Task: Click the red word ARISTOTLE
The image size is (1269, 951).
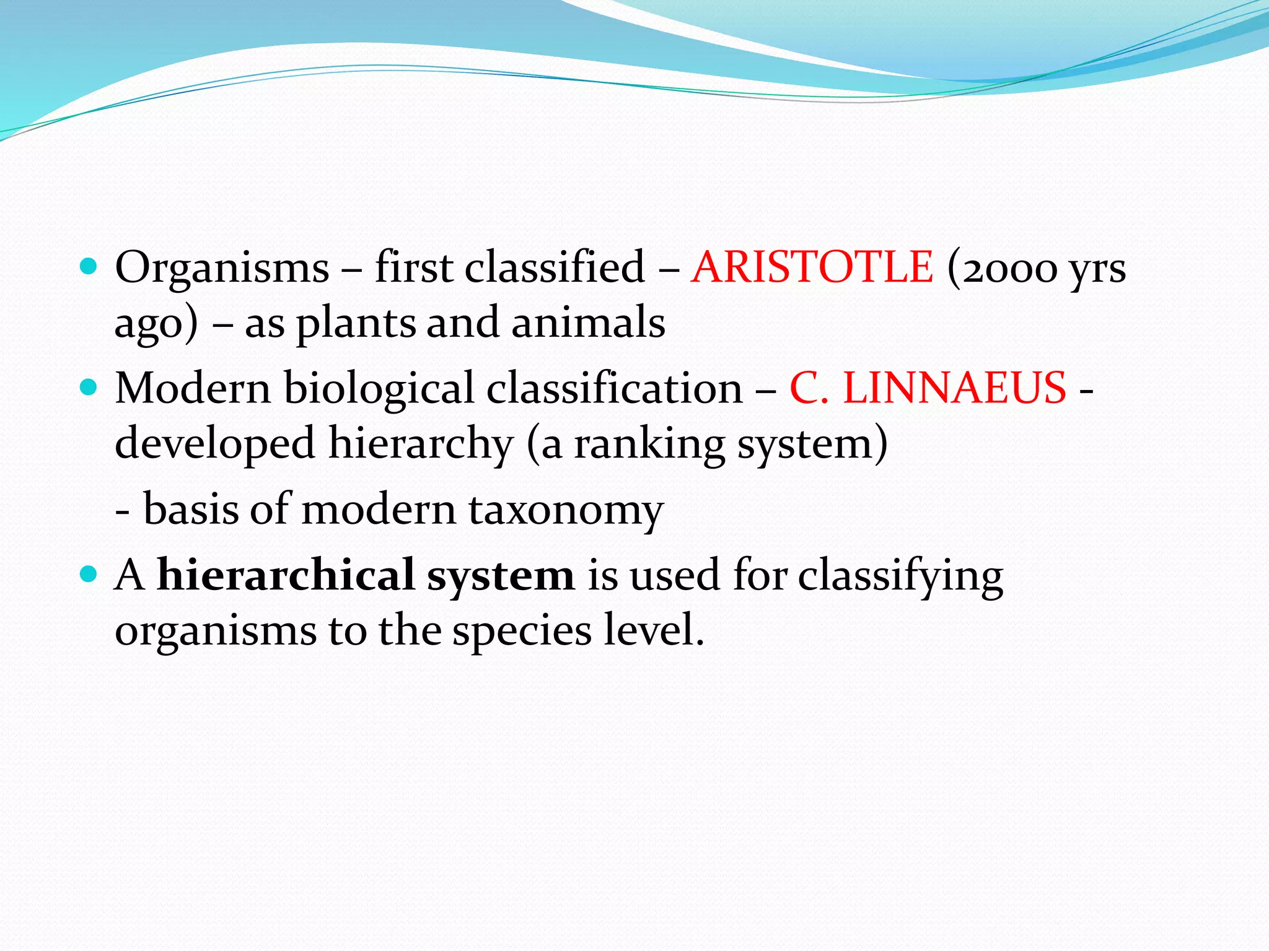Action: pyautogui.click(x=812, y=267)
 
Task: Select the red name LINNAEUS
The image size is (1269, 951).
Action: pyautogui.click(x=954, y=388)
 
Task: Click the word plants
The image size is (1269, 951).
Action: pyautogui.click(x=356, y=324)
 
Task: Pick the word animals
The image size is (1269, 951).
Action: pyautogui.click(x=588, y=323)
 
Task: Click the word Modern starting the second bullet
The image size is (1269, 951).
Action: pyautogui.click(x=193, y=388)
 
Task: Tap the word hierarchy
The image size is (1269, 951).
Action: pyautogui.click(x=421, y=444)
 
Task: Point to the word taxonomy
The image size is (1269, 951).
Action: pyautogui.click(x=566, y=510)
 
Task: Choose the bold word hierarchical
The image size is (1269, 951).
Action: pyautogui.click(x=286, y=575)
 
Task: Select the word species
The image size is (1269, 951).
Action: pyautogui.click(x=522, y=632)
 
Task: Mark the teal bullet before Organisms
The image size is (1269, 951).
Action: pyautogui.click(x=89, y=267)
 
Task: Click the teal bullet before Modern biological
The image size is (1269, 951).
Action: pyautogui.click(x=89, y=388)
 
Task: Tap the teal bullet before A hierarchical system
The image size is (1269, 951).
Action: pyautogui.click(x=89, y=575)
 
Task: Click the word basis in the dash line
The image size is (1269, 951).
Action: pyautogui.click(x=191, y=509)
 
